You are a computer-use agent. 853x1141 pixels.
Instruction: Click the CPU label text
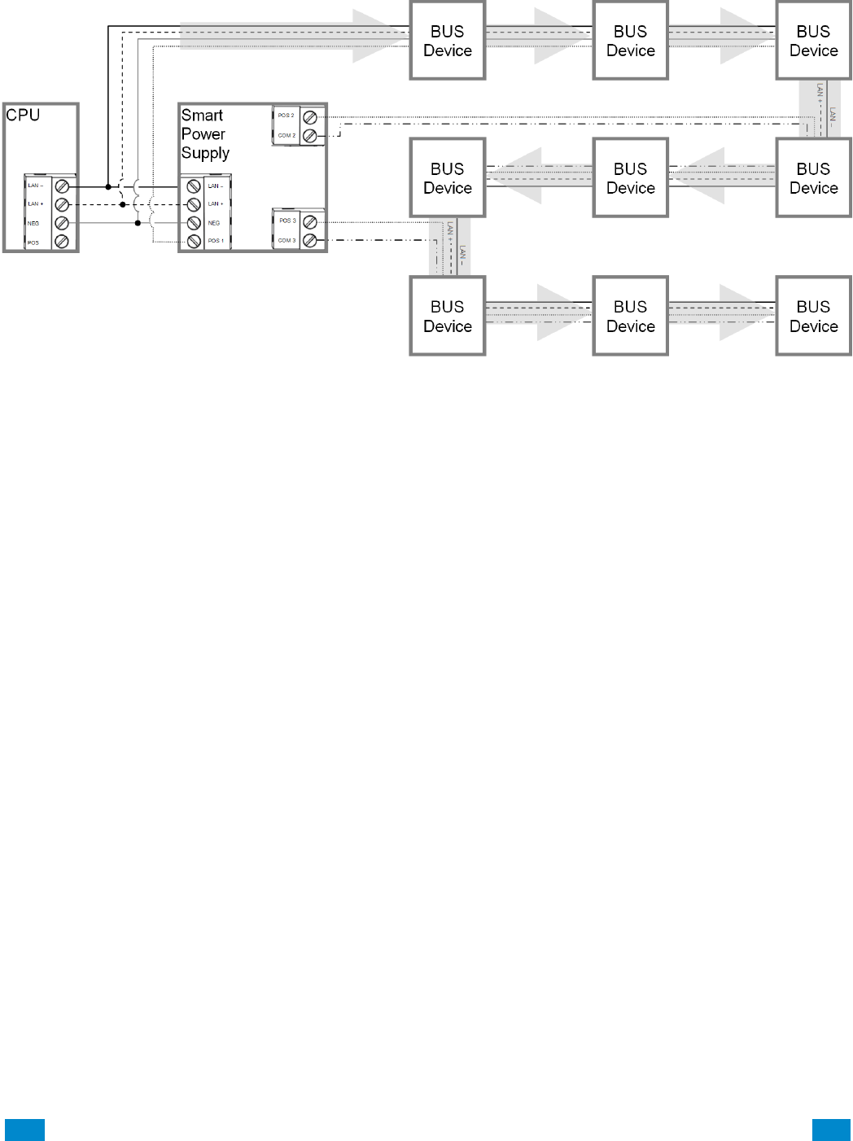(x=23, y=115)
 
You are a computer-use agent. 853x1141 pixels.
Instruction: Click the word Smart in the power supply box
(x=202, y=116)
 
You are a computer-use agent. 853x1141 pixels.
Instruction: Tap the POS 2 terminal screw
(x=310, y=117)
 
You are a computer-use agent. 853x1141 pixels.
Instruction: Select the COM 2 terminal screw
(x=310, y=136)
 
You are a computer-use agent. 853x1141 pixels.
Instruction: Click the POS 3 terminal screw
(x=310, y=221)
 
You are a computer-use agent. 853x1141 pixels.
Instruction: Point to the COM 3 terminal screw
(x=310, y=241)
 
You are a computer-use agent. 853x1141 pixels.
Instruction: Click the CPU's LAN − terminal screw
(x=62, y=186)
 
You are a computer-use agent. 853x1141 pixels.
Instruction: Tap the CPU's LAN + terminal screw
(x=62, y=204)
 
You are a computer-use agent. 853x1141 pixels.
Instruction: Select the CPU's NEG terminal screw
(x=62, y=223)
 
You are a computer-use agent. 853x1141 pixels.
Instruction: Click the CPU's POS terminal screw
(x=62, y=242)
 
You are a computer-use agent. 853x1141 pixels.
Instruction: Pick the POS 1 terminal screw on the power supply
(x=194, y=241)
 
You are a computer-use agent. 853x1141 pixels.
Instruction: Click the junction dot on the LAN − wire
(x=108, y=186)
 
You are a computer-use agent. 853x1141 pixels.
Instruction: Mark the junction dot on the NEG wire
(x=138, y=223)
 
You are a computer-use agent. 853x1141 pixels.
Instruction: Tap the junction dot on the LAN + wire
(x=123, y=204)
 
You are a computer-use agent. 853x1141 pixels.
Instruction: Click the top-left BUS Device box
(x=448, y=41)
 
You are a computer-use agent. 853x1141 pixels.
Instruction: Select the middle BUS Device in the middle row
(x=631, y=178)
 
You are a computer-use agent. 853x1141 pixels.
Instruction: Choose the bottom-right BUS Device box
(x=813, y=316)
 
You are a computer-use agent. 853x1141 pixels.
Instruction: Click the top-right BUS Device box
(x=813, y=41)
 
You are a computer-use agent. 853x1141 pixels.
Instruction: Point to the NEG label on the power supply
(x=214, y=223)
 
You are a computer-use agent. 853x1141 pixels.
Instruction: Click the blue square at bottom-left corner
(x=24, y=1130)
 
